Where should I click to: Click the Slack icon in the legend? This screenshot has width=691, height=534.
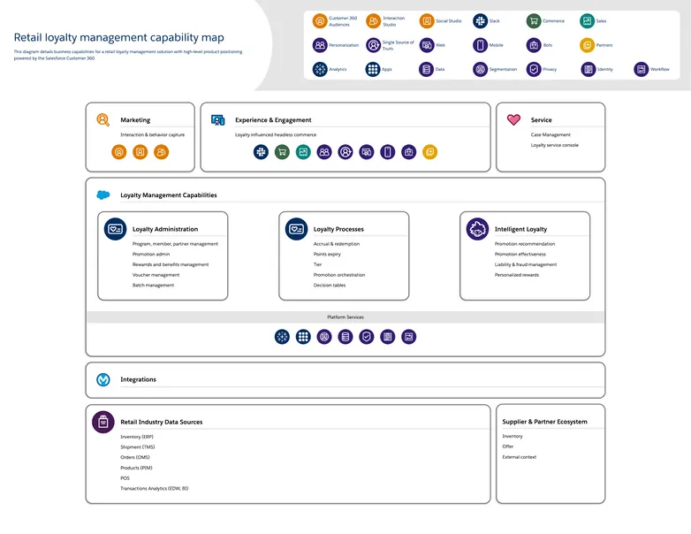coord(480,20)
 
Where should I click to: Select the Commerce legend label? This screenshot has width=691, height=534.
coord(553,21)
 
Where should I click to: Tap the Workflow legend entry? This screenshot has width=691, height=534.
coord(659,69)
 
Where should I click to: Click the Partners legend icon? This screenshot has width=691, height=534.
coord(587,45)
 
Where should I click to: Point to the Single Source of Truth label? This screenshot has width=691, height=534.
coord(398,45)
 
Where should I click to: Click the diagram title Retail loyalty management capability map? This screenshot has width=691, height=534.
coord(118,38)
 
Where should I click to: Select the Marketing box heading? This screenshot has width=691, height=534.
coord(135,120)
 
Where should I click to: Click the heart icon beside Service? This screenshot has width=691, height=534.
coord(513,119)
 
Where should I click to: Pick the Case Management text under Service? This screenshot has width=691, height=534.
coord(551,135)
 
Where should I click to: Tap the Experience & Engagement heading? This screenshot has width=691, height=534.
coord(273,120)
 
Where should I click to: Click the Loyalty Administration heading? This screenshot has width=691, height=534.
coord(165,229)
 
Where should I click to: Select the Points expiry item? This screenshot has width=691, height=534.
coord(327,254)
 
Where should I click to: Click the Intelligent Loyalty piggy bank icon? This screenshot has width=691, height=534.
coord(477,229)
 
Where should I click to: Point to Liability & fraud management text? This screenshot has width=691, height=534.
coord(526,264)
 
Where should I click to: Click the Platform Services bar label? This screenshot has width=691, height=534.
coord(345,317)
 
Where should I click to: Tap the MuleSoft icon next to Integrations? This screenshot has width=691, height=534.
coord(103,379)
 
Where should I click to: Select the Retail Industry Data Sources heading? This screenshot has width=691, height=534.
coord(161,422)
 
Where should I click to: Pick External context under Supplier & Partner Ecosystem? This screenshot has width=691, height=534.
coord(519,457)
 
